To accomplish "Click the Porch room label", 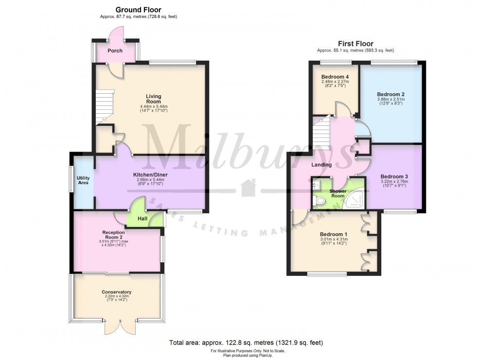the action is tap(115, 51).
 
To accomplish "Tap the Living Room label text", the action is tap(153, 99).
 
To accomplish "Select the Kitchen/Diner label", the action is tap(150, 175).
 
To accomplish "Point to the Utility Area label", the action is tap(83, 180).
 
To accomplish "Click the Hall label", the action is tap(142, 219).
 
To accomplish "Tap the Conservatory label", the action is tap(116, 292).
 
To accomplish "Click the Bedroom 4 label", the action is tap(335, 77).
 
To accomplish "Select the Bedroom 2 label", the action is tap(390, 94).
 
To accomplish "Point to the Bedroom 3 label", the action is tap(394, 176).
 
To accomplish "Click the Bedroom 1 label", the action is tap(334, 234).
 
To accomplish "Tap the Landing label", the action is tap(321, 165).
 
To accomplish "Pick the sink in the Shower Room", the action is tap(316, 184).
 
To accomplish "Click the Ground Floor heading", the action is tap(138, 10).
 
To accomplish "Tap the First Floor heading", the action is tap(355, 44).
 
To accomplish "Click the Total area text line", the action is tap(246, 343).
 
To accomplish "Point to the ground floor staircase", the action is tap(105, 107).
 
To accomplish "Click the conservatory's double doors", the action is tap(120, 327).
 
